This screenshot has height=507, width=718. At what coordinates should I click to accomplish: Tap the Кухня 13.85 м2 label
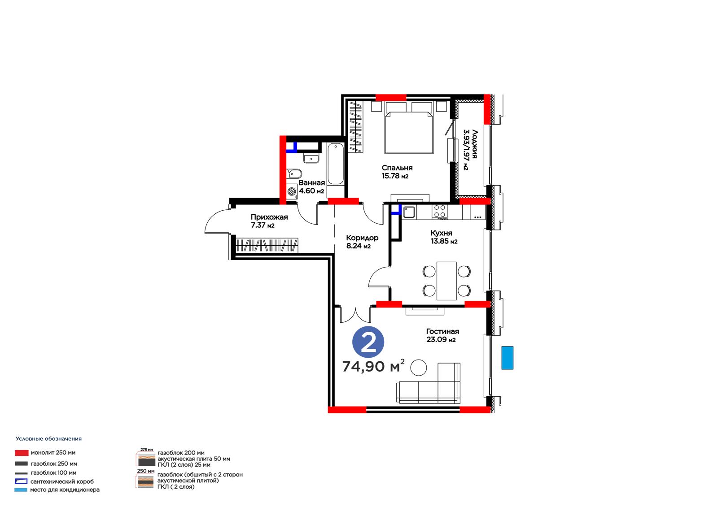point(444,237)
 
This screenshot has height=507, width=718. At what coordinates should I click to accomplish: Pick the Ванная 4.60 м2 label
point(311,187)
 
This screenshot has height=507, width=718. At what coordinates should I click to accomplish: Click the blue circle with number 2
point(368,342)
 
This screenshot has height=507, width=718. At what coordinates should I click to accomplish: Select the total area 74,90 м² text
point(373,366)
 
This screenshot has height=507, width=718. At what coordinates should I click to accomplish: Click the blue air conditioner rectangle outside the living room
point(508,358)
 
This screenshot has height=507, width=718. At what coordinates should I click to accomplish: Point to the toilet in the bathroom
point(294,173)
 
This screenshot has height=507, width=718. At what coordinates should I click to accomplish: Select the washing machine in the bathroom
point(292,192)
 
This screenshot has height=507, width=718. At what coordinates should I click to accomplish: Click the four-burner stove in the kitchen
point(439,212)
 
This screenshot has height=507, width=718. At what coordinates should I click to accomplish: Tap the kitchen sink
point(409,212)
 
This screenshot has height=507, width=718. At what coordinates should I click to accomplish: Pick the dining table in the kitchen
point(447,281)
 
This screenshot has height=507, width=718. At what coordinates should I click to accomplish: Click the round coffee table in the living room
point(419,367)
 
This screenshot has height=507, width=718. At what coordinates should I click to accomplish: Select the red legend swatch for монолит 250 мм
point(22,453)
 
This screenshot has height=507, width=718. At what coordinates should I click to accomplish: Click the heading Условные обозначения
point(49,439)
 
